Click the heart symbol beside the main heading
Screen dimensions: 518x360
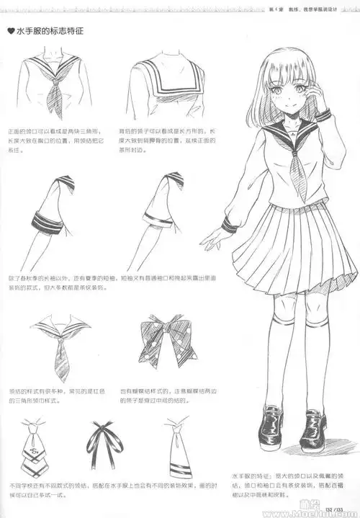[x=11, y=32]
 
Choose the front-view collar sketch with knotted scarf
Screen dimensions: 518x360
[x=58, y=85]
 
